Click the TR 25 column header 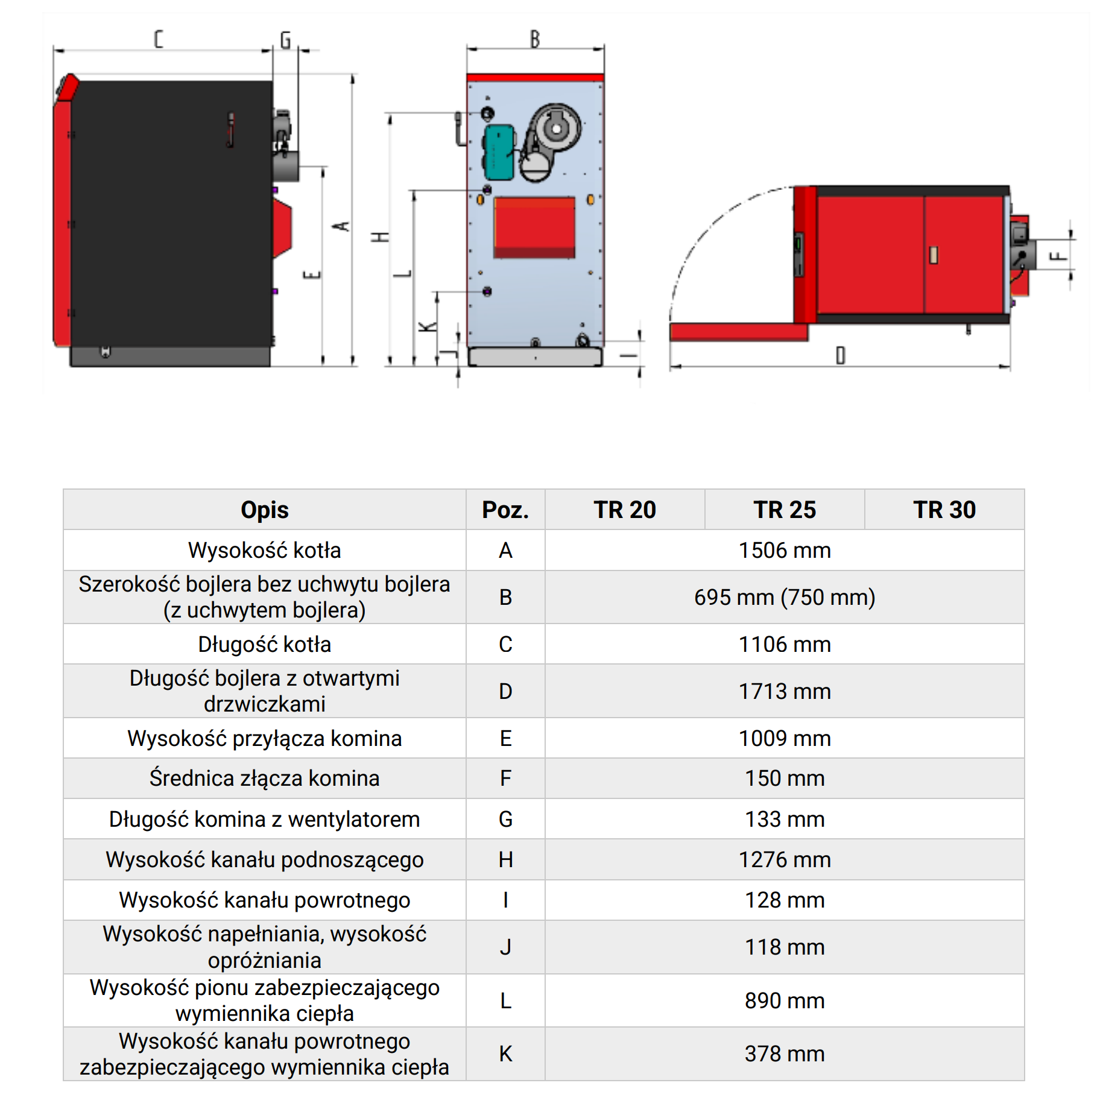click(x=784, y=510)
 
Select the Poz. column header click(x=505, y=510)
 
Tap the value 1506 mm click(x=784, y=550)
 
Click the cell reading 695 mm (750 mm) click(x=784, y=597)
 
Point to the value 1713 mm click(x=784, y=691)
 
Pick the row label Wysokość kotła click(x=264, y=550)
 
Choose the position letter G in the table click(x=505, y=819)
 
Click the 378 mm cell click(x=784, y=1053)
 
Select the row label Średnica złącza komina click(x=264, y=778)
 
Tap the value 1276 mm click(x=784, y=859)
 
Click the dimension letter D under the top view click(x=840, y=355)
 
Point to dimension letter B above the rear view click(x=534, y=39)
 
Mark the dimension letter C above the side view click(x=159, y=39)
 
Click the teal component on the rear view click(x=499, y=152)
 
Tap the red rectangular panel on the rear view click(x=534, y=227)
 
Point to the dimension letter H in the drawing click(x=381, y=237)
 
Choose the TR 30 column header click(x=944, y=510)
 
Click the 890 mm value click(x=784, y=1000)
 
